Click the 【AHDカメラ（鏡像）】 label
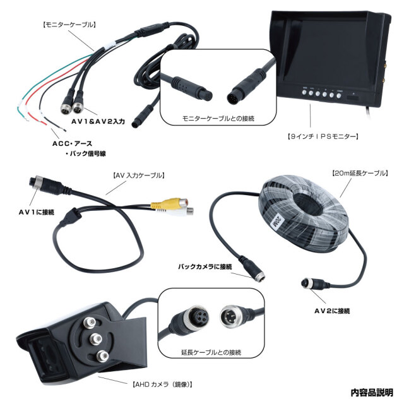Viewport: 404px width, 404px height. [x=162, y=383]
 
